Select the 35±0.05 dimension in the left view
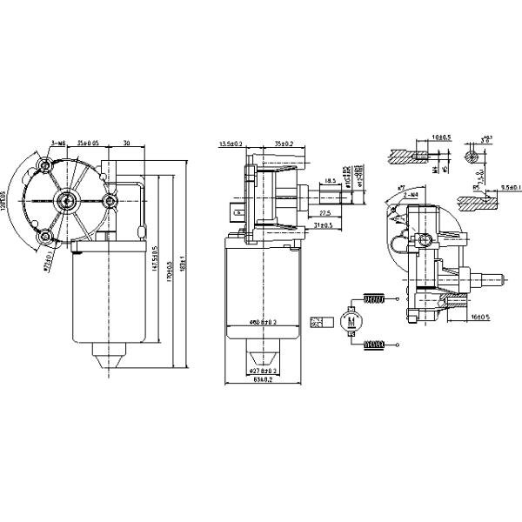[x=87, y=143]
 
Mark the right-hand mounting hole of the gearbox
[x=110, y=202]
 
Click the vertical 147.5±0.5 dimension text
[x=156, y=261]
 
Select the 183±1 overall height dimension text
[x=182, y=261]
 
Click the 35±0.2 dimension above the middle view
[x=283, y=143]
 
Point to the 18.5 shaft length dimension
[x=330, y=181]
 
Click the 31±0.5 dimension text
[x=321, y=226]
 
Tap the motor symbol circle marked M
[x=352, y=322]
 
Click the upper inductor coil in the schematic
[x=373, y=301]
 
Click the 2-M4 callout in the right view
[x=412, y=196]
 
